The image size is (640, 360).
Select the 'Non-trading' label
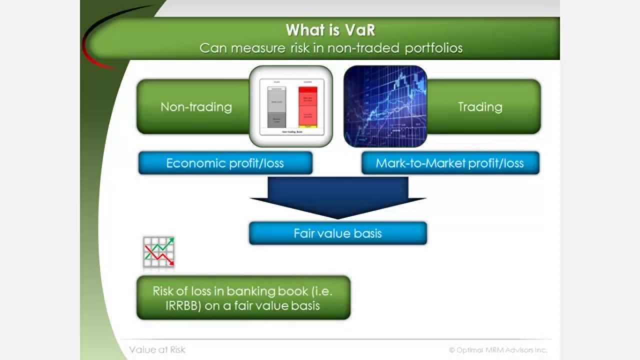pos(196,107)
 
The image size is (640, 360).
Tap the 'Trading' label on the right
pos(479,107)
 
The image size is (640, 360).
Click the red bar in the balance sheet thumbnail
pos(308,107)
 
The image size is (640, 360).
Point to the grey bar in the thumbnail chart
pos(276,107)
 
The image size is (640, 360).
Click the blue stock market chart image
pos(385,106)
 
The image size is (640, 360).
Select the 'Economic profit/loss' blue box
pos(225,163)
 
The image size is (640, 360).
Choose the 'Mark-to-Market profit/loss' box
pos(450,163)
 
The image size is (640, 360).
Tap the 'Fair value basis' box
pos(337,233)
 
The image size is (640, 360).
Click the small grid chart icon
pos(158,252)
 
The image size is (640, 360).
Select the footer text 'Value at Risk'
pos(157,349)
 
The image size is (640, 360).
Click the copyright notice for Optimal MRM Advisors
pos(497,350)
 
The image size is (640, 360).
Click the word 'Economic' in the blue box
pos(190,163)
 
